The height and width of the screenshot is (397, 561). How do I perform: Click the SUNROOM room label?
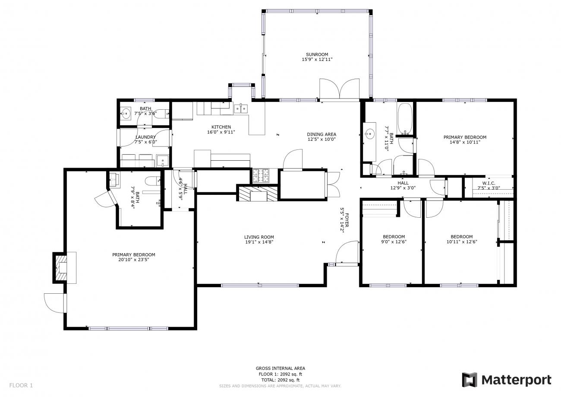coord(317,54)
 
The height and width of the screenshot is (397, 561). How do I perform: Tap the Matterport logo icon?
coord(470,380)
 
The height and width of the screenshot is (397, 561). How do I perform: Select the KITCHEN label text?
coord(221,127)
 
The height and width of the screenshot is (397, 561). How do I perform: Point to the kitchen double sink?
coord(241,108)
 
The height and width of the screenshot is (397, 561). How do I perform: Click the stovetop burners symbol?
coord(261,175)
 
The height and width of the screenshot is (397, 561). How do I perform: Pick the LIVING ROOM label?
coord(259,237)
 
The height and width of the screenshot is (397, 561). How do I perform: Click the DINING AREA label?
coord(321,134)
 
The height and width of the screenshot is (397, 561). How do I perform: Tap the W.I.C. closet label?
coord(489,184)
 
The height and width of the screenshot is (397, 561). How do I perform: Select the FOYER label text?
coord(347,220)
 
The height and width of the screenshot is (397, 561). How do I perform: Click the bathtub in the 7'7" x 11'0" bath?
coord(404,118)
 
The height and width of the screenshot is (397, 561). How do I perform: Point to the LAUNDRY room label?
coord(145,137)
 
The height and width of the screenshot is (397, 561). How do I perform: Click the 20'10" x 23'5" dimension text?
coord(134,260)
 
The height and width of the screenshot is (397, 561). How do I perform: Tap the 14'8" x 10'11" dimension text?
coord(465,142)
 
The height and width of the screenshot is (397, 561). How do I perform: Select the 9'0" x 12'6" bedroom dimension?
coord(394,241)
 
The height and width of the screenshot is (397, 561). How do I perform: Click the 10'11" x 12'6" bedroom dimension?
coord(462,241)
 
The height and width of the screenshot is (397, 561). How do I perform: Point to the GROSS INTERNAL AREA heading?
coord(280,368)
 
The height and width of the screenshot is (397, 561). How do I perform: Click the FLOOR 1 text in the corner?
coord(21,385)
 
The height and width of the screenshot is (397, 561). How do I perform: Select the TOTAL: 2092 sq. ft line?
coord(280,380)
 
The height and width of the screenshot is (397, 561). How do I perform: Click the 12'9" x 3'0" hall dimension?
coord(403,188)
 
